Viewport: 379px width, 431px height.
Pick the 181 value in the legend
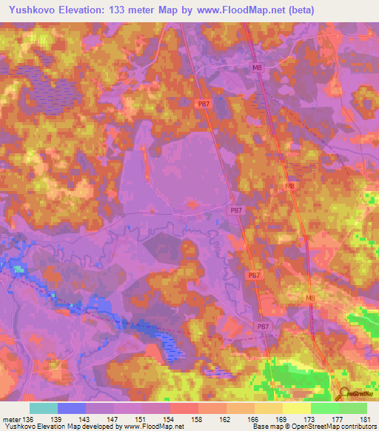[x=366, y=420]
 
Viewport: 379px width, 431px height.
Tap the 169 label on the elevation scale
[x=281, y=420]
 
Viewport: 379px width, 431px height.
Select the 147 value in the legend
[x=113, y=420]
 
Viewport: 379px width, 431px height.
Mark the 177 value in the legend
[x=338, y=420]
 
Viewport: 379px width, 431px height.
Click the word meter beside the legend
[x=10, y=420]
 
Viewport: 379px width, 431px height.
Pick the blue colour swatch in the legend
[x=71, y=408]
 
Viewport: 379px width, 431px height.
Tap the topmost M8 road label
[x=257, y=68]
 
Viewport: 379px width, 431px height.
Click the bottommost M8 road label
[x=310, y=298]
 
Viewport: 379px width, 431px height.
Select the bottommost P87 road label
[x=263, y=327]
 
